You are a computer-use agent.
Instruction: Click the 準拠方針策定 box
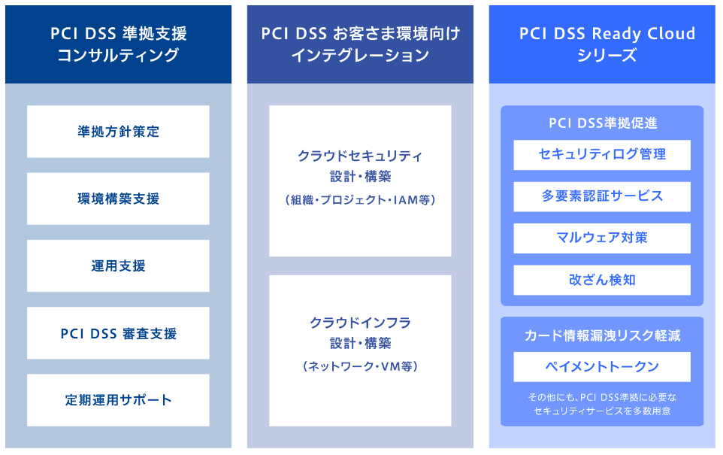tap(118, 132)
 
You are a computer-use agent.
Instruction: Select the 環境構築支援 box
tap(118, 199)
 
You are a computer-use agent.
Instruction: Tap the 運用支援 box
tap(118, 265)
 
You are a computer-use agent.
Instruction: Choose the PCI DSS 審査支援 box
tap(118, 333)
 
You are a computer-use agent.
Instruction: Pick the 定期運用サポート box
tap(118, 400)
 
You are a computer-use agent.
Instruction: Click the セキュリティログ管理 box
tap(602, 154)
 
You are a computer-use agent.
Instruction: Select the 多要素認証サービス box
tap(602, 196)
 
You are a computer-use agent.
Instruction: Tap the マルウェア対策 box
tap(602, 238)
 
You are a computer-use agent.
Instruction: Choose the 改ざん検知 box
tap(602, 280)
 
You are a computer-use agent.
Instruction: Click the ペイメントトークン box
tap(602, 367)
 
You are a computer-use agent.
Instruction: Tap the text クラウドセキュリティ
tap(360, 156)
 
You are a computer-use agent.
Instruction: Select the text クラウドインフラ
tap(360, 323)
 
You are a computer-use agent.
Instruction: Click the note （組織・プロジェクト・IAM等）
tap(360, 200)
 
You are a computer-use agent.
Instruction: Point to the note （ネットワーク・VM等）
tap(360, 366)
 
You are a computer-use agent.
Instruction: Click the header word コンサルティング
tap(118, 56)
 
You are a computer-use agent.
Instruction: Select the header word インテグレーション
tap(360, 56)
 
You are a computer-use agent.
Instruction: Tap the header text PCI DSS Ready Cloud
tap(607, 34)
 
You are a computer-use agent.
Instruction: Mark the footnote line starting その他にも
tap(602, 396)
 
